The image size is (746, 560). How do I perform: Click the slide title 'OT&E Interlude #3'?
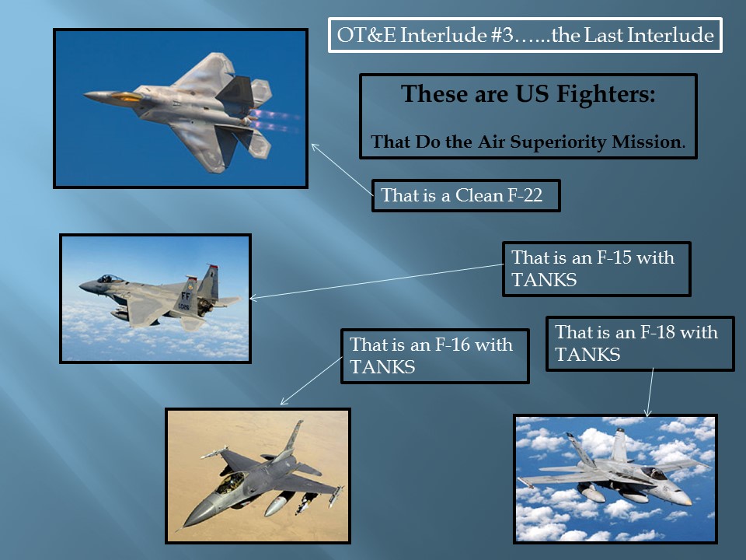click(425, 35)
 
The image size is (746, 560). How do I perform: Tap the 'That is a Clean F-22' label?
click(462, 195)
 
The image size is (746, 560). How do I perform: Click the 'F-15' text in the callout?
click(614, 257)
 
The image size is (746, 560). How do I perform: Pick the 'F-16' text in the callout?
click(453, 345)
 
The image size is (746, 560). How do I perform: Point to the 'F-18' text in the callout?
click(658, 332)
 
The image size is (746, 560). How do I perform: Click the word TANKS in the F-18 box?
click(587, 355)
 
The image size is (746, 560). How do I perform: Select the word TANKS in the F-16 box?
click(382, 367)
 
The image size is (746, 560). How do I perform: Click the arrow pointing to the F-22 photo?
click(342, 170)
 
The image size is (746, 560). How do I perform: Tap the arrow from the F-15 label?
click(376, 282)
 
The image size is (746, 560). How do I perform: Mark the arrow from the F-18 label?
click(650, 392)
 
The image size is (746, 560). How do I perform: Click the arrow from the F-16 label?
click(311, 380)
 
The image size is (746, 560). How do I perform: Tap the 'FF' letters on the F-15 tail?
click(186, 296)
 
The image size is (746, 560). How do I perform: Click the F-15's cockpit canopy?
click(109, 278)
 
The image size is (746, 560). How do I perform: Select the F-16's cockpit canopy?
click(232, 482)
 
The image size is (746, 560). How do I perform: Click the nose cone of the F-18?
click(683, 498)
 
